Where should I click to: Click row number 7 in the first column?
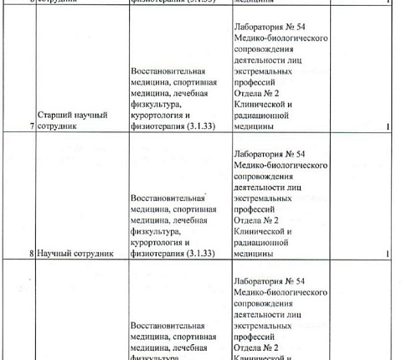[32, 127]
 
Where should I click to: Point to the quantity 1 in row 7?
[389, 127]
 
